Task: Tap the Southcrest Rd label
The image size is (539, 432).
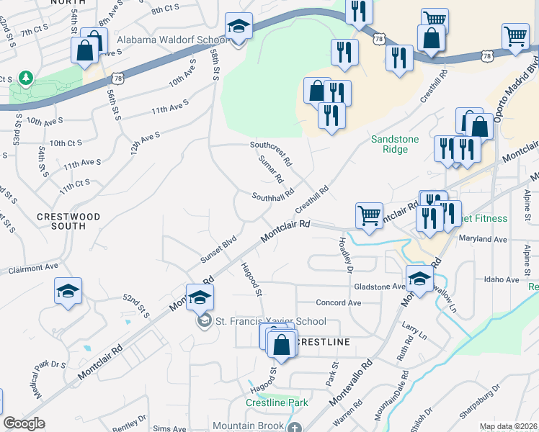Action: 271,150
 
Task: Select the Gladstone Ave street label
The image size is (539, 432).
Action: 379,286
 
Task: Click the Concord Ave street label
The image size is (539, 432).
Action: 338,303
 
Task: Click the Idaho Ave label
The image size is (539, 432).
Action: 502,279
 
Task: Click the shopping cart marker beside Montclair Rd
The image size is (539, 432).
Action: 369,215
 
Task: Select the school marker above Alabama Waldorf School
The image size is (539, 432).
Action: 239,26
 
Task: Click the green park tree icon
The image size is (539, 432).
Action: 26,76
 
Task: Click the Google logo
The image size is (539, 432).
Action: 24,424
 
